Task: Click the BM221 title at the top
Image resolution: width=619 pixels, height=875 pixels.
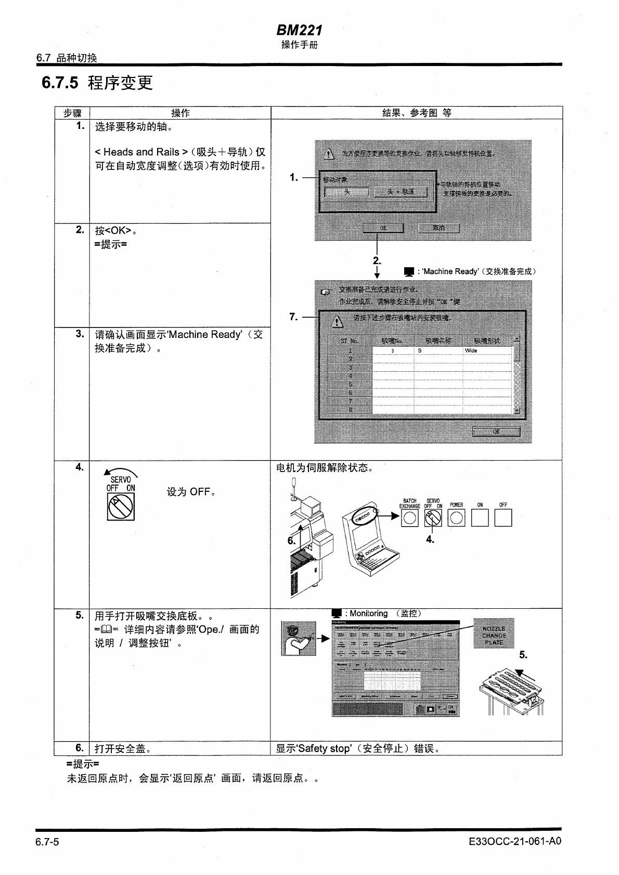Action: coord(299,31)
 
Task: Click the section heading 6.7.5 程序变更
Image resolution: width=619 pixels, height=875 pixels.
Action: coord(97,83)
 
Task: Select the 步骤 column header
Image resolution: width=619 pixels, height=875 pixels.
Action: coord(72,113)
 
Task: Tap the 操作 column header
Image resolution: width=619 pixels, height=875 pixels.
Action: coord(180,113)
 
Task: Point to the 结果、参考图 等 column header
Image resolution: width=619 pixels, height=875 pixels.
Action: coord(416,113)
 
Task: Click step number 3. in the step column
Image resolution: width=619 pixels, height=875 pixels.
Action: coord(79,334)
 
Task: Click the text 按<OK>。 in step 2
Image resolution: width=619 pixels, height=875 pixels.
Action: coord(116,230)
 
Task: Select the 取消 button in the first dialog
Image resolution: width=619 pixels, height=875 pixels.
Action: coord(439,228)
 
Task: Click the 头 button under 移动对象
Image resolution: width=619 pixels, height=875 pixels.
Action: coord(347,192)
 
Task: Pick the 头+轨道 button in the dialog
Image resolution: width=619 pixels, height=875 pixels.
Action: coord(401,192)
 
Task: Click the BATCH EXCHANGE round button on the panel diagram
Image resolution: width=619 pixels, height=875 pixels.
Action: coord(409,518)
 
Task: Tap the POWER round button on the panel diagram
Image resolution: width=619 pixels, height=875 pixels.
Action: coord(456,518)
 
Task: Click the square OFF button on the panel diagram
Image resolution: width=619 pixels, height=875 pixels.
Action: coord(503,518)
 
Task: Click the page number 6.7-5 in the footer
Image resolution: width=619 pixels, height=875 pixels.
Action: coord(47,841)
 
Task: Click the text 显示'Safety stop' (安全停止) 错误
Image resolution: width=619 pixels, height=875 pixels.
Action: coord(358,749)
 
